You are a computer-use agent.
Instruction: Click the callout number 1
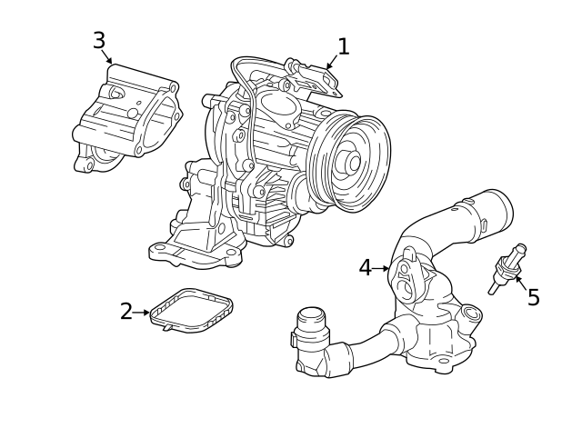[343, 45]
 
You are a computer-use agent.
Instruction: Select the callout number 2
[126, 312]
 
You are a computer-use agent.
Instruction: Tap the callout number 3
[99, 40]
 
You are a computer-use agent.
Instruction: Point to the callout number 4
[365, 268]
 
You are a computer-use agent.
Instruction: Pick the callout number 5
[533, 297]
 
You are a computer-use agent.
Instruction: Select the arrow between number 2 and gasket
[142, 313]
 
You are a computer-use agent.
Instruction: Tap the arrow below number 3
[108, 58]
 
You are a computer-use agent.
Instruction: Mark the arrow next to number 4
[382, 268]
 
